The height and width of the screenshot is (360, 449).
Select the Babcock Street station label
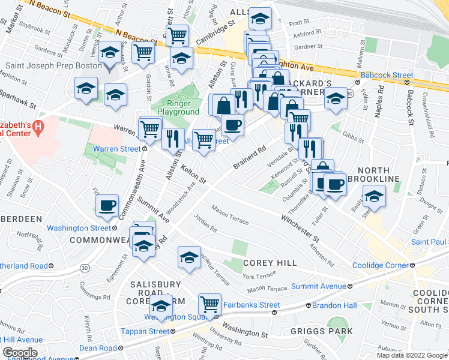point(386,76)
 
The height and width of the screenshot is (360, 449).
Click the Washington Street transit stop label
point(79,228)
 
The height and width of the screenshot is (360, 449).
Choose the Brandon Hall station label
point(335,305)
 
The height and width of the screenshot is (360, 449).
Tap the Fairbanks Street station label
point(252,305)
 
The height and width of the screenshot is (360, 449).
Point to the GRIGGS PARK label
point(329,330)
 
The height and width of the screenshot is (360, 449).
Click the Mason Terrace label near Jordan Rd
point(229,215)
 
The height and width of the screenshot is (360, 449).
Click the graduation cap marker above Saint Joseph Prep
point(109,52)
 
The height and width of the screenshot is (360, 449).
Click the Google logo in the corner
point(20,353)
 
